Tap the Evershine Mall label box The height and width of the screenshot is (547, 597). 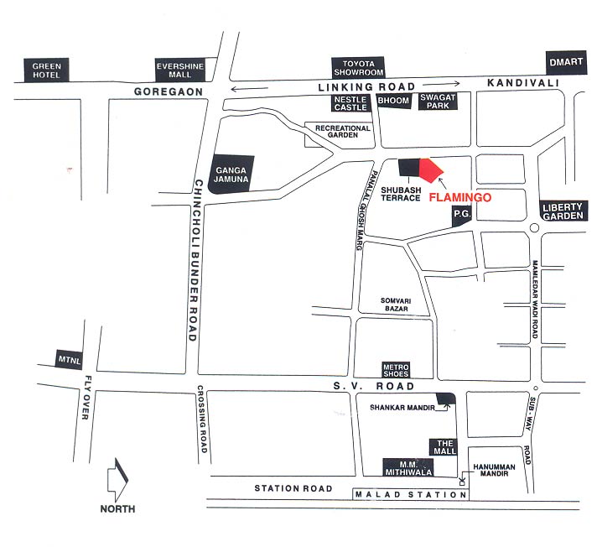[x=181, y=70]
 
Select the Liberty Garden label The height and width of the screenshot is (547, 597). [x=562, y=211]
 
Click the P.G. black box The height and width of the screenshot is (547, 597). [x=461, y=216]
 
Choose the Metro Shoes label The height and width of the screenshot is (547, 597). [x=396, y=370]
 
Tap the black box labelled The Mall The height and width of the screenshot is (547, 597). [x=443, y=447]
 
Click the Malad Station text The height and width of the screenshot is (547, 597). [x=410, y=495]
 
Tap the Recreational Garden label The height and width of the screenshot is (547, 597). [x=342, y=131]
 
